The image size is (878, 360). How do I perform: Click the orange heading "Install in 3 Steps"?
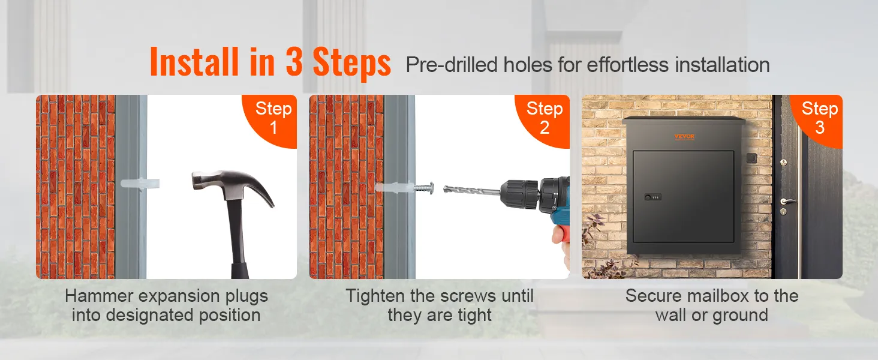pos(270,62)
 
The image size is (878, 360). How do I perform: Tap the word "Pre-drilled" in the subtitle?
pos(452,65)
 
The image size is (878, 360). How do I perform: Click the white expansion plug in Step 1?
pos(140,184)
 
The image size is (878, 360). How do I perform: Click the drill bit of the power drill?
pos(472,190)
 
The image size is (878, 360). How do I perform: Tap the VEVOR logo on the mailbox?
pos(684,136)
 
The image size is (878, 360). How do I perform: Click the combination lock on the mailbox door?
pos(653,197)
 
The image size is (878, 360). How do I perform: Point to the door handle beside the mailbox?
pos(787,202)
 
